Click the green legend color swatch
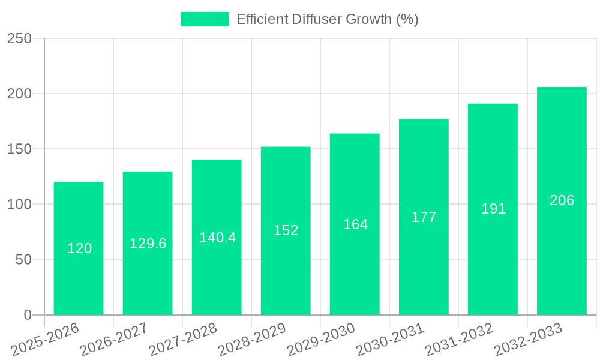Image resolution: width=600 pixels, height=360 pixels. click(x=205, y=19)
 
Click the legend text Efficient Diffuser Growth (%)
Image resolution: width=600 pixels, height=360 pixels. click(x=327, y=19)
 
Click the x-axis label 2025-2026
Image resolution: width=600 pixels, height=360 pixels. click(x=46, y=340)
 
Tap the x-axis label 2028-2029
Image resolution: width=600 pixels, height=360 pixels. click(x=253, y=340)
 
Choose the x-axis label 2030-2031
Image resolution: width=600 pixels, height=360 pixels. click(x=391, y=340)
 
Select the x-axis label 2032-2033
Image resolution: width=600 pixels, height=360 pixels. click(x=529, y=340)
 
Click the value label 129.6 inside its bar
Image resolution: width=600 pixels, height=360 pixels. click(x=148, y=244)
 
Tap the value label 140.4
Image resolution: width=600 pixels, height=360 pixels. click(x=217, y=238)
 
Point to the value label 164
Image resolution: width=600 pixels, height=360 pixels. click(x=355, y=224)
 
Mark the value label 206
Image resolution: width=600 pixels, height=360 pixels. click(x=562, y=200)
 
